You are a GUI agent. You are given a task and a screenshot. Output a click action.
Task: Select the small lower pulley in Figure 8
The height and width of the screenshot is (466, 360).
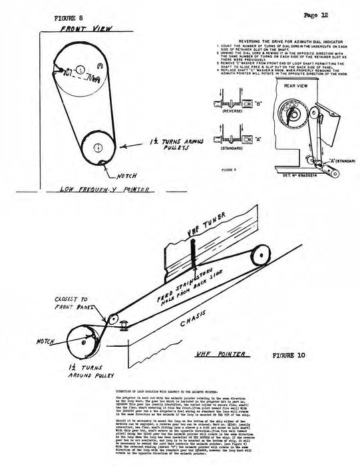(97, 147)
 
